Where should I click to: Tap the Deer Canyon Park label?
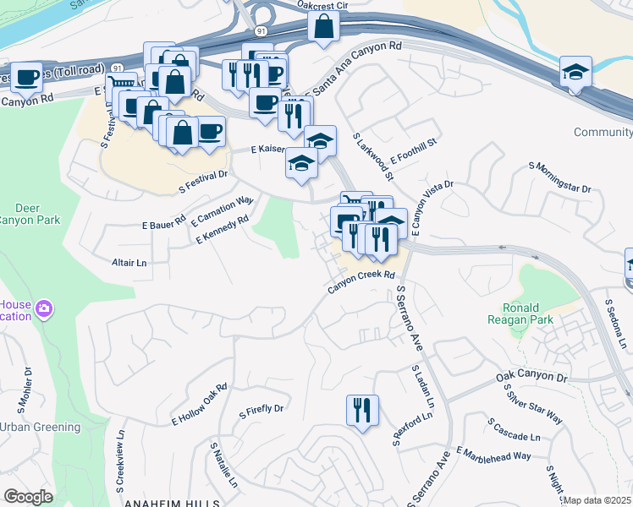tap(25, 214)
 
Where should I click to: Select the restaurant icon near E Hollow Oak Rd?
tap(362, 411)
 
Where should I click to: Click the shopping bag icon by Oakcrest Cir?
tap(323, 28)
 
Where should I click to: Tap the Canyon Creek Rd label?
tap(362, 282)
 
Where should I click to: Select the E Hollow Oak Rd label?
tap(200, 404)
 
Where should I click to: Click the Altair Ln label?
tap(129, 263)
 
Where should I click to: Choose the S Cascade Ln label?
tap(514, 429)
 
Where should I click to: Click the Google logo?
tap(27, 497)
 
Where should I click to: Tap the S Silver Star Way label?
tap(533, 405)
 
